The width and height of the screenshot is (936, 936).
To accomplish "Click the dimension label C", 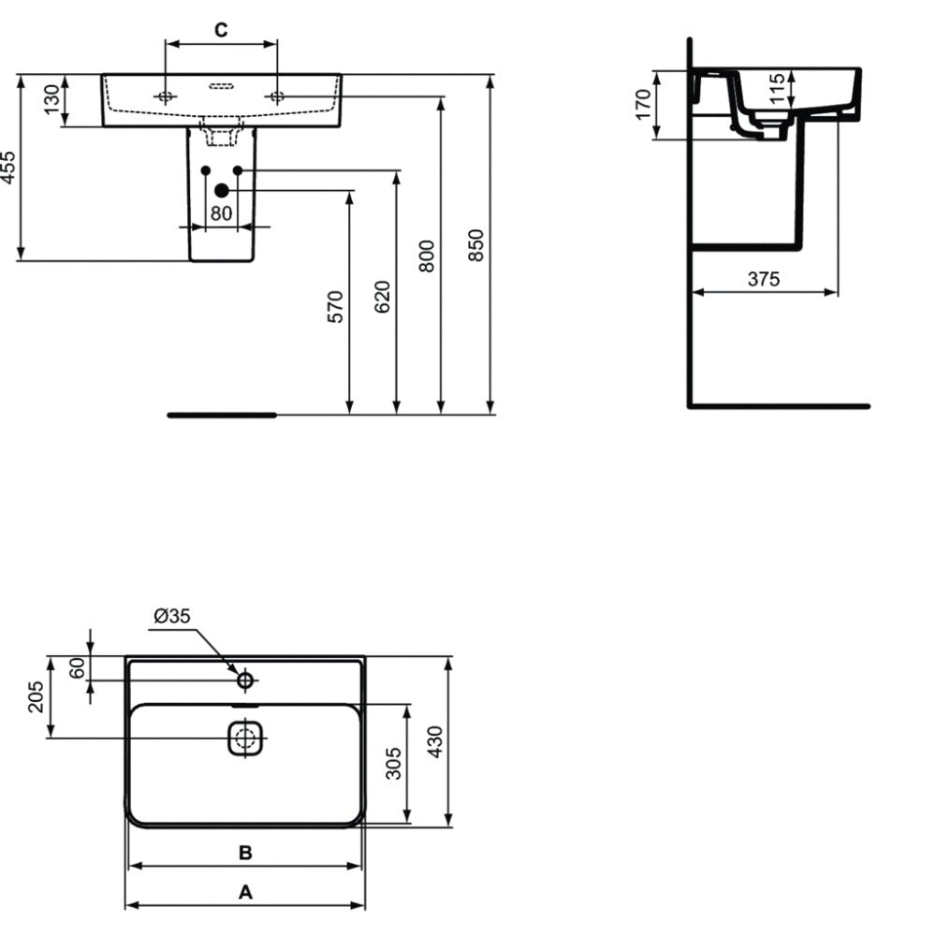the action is click(x=221, y=29).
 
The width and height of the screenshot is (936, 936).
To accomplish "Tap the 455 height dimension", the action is click(x=8, y=168).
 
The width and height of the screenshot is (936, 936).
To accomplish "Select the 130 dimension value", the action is click(x=52, y=99).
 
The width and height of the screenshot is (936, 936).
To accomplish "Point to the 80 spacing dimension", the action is click(x=221, y=212).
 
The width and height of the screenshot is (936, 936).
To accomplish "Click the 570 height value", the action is click(x=335, y=307).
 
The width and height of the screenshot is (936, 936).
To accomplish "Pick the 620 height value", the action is click(x=382, y=297).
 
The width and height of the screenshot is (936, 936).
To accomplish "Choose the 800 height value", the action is click(x=426, y=256).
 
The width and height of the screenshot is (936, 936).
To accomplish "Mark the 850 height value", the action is click(x=475, y=244).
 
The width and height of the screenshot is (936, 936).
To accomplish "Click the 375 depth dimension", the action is click(x=764, y=278).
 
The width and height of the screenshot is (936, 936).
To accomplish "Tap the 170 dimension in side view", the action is click(x=643, y=105).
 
